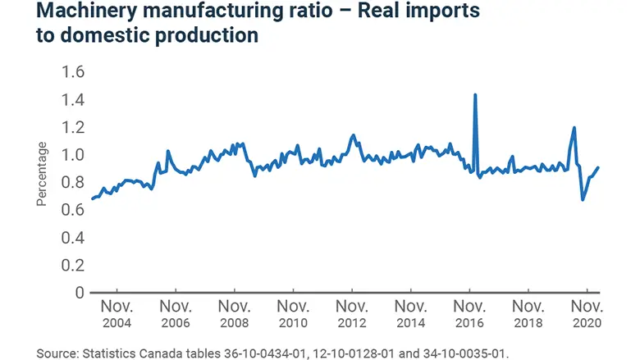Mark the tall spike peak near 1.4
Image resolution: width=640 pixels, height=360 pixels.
click(475, 94)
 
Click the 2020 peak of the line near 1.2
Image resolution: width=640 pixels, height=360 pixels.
click(574, 128)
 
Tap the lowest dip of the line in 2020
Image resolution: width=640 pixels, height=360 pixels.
click(583, 199)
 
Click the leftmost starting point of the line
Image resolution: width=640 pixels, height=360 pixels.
click(92, 199)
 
